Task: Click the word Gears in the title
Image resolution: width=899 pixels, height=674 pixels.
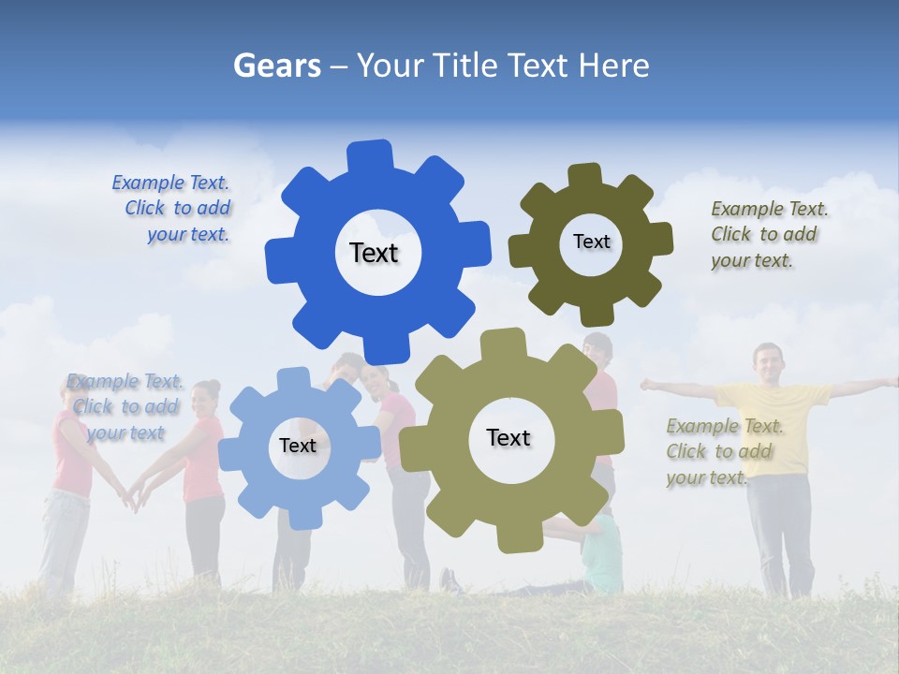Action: click(x=277, y=66)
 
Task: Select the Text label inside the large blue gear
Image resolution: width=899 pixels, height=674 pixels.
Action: click(x=374, y=253)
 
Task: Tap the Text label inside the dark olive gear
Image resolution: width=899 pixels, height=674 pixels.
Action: click(x=591, y=242)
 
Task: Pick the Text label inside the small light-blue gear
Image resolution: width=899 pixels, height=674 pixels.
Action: click(x=298, y=446)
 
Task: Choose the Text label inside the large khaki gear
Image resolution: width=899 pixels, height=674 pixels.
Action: click(x=508, y=437)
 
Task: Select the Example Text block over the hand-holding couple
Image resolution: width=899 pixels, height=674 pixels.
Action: click(x=125, y=407)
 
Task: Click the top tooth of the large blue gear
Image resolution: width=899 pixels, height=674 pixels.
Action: click(x=370, y=155)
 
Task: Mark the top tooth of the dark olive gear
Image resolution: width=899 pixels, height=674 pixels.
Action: click(x=584, y=175)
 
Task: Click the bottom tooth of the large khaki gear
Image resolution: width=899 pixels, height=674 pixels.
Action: click(x=518, y=537)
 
